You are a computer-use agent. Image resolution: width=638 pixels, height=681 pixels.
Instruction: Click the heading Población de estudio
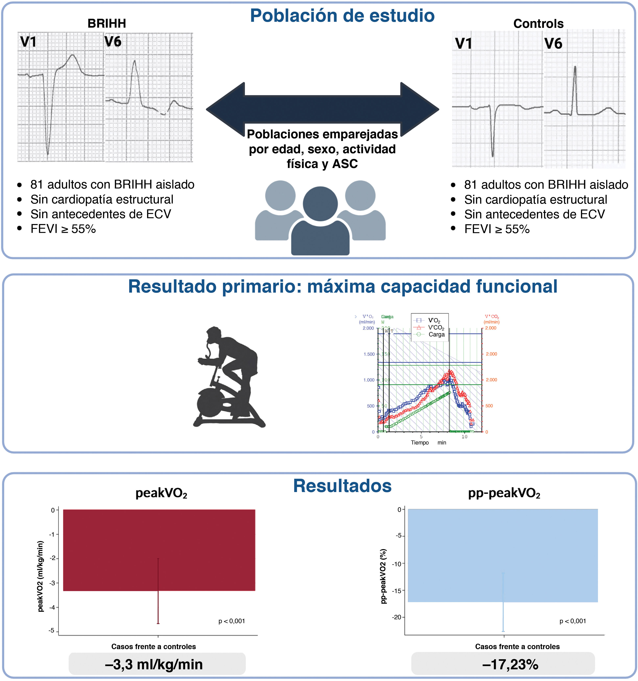(x=342, y=16)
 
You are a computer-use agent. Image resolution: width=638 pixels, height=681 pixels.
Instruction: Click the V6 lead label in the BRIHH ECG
(x=113, y=42)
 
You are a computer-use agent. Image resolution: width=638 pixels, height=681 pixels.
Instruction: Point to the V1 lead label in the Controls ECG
(x=463, y=44)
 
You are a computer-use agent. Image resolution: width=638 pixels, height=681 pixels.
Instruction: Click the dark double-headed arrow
(x=322, y=110)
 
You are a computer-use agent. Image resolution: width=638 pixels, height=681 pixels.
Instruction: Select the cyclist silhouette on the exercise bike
(x=228, y=377)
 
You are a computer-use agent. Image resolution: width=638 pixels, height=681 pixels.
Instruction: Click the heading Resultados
(x=342, y=486)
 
